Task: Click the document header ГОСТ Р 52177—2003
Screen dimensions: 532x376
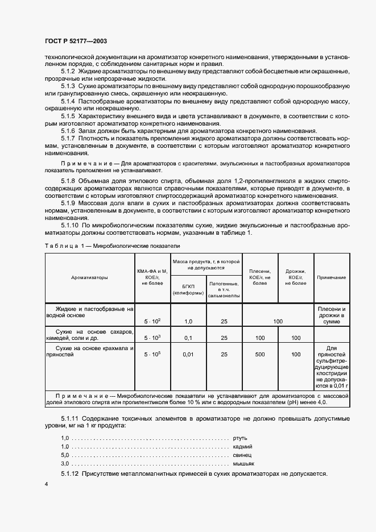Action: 76,41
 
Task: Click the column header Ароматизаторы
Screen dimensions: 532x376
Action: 89,277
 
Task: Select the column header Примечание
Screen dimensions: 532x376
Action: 331,277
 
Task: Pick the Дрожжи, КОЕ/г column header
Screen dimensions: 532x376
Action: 296,277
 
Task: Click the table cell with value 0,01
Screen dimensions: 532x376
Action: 188,354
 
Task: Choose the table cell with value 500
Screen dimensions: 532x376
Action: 260,354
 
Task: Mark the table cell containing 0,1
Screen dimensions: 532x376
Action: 188,338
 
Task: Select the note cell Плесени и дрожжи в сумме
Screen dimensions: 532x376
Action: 331,314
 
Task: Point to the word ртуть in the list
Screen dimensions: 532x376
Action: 239,438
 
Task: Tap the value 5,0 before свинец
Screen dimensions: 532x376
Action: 64,456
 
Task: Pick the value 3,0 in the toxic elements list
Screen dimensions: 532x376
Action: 64,464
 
